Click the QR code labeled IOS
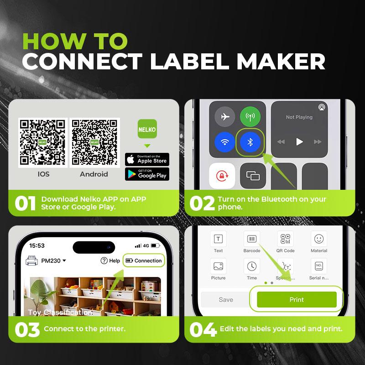(x=43, y=142)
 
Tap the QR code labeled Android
(x=94, y=142)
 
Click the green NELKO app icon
(x=147, y=129)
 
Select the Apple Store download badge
(x=147, y=159)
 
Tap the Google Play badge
(x=147, y=174)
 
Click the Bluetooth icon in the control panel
(x=250, y=142)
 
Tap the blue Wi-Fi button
(x=224, y=142)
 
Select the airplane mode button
(x=224, y=117)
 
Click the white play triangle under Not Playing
(x=299, y=141)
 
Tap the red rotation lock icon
(x=222, y=176)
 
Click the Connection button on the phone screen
(x=144, y=261)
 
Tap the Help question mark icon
(x=104, y=261)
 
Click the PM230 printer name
(x=51, y=261)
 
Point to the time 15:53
(x=37, y=245)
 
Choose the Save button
(x=225, y=300)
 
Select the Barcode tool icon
(x=252, y=239)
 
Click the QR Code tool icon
(x=286, y=239)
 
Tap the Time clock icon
(x=252, y=266)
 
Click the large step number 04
(x=203, y=329)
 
